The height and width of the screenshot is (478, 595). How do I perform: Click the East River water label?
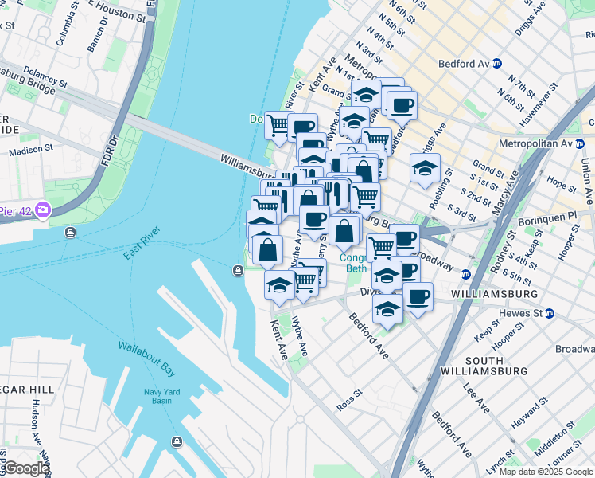point(142,243)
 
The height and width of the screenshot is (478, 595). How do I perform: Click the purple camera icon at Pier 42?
point(42,210)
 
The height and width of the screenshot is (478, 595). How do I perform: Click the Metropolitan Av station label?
point(540,143)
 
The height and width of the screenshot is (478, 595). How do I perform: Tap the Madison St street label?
point(31,148)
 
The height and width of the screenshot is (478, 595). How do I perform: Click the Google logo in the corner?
point(26,468)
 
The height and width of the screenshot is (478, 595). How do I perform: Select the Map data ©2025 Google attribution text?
point(545,472)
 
